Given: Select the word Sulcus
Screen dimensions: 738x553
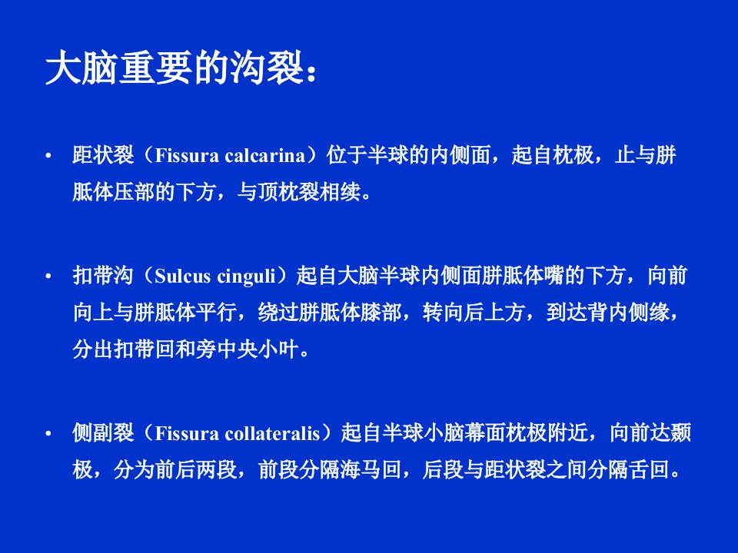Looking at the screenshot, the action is pyautogui.click(x=183, y=276).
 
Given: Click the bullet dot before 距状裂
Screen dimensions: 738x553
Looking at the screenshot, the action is pyautogui.click(x=48, y=156).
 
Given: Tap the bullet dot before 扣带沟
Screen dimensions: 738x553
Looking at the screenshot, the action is pyautogui.click(x=48, y=276).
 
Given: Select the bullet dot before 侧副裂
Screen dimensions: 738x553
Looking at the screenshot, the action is pyautogui.click(x=48, y=433).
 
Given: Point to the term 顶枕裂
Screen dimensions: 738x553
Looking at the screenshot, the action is pyautogui.click(x=289, y=192).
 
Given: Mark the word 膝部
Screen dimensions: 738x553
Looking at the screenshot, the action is pyautogui.click(x=382, y=313).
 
